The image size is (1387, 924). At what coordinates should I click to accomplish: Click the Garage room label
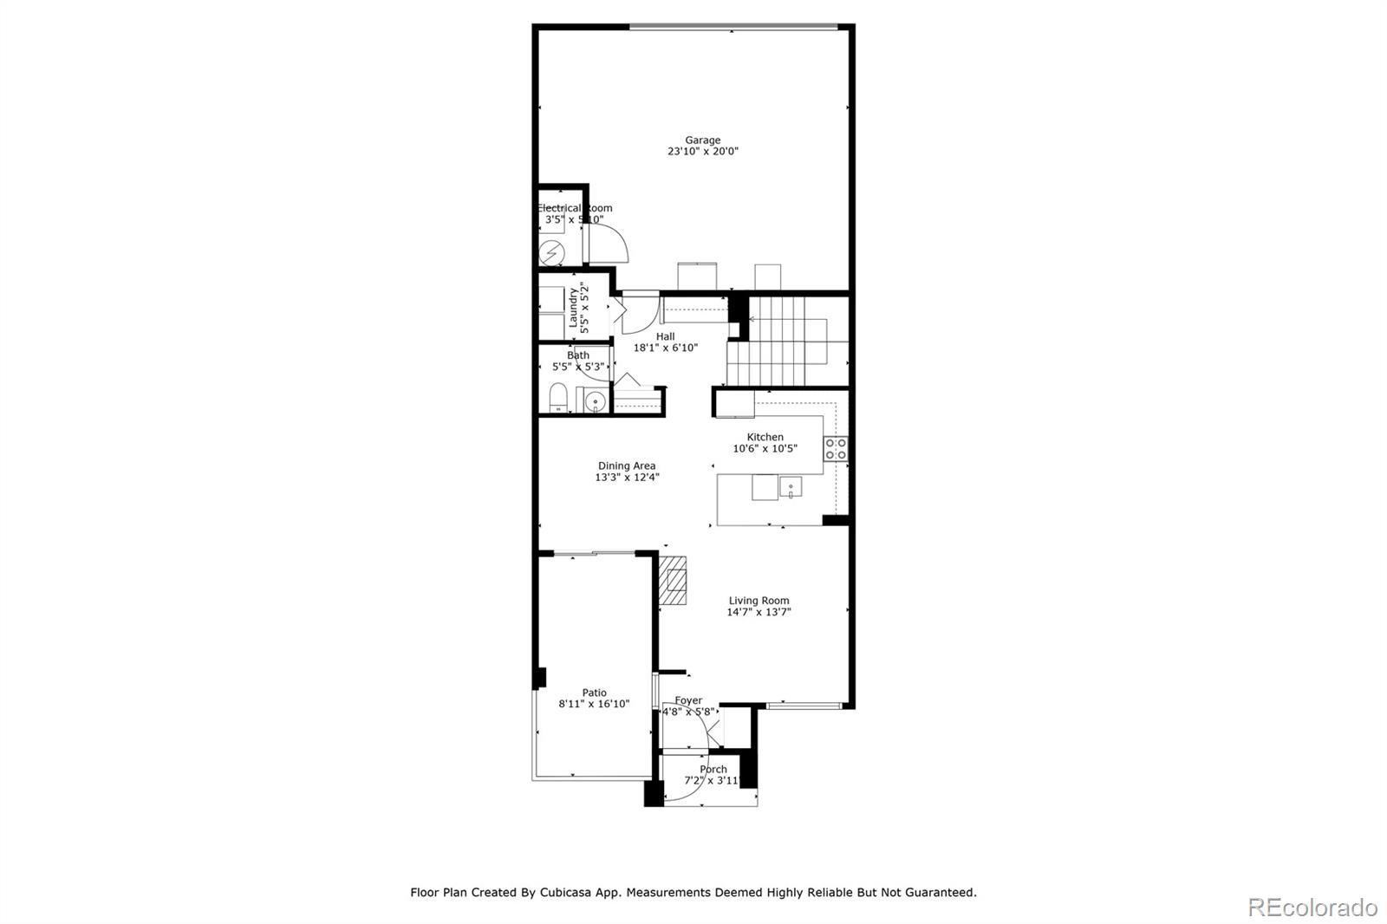[702, 140]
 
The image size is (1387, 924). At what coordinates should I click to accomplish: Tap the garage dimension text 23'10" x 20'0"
[702, 152]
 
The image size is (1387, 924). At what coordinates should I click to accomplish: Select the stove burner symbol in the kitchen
[836, 449]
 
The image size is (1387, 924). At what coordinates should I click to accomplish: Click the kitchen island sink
[790, 487]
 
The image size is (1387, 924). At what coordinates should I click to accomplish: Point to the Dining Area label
[626, 465]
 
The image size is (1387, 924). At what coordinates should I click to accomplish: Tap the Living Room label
[759, 601]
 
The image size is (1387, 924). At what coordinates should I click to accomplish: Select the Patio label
[594, 693]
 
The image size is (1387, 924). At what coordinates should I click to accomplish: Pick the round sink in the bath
[595, 401]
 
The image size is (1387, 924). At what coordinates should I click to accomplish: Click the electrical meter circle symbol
[552, 253]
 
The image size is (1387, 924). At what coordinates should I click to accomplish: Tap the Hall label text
[665, 336]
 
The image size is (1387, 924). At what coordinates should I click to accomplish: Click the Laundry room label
[573, 309]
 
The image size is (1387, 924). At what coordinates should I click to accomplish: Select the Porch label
[713, 769]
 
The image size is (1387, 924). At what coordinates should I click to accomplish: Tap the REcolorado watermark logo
[1312, 908]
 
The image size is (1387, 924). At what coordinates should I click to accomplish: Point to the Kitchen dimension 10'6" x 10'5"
[765, 449]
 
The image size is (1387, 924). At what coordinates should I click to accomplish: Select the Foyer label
[688, 700]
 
